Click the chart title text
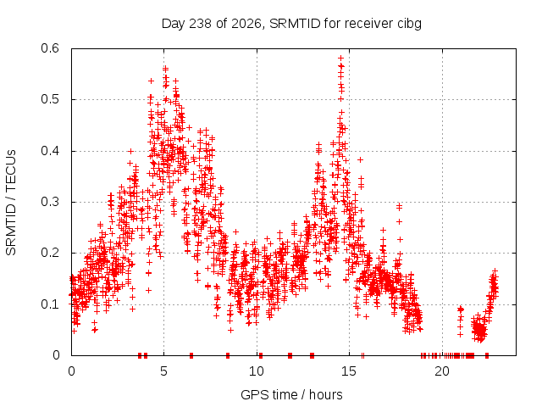[291, 24]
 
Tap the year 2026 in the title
[246, 24]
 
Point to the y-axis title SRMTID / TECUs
[11, 203]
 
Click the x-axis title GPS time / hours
[291, 394]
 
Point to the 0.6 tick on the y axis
[50, 48]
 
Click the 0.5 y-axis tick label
[50, 99]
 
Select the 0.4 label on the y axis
[50, 151]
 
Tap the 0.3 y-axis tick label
[50, 202]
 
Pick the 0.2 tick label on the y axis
[50, 253]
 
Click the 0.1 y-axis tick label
[50, 304]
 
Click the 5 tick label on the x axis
[163, 371]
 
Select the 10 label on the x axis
[257, 371]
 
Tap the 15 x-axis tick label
[349, 371]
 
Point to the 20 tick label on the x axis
[442, 371]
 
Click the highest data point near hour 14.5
[340, 58]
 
